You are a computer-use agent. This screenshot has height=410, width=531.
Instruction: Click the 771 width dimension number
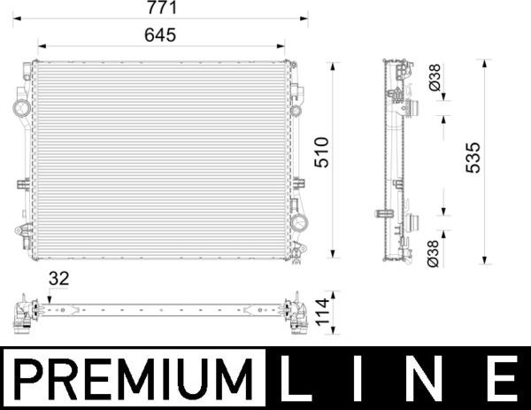(x=162, y=8)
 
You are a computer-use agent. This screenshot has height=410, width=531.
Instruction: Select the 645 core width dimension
(x=160, y=35)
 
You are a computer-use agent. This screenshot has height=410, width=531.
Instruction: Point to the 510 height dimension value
(x=322, y=152)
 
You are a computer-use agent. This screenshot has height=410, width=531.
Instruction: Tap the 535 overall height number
(x=473, y=158)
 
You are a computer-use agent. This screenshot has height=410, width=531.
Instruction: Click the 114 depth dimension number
(x=322, y=312)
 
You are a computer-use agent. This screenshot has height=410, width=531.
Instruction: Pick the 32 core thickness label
(x=59, y=279)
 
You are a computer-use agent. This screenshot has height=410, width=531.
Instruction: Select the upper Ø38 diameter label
(x=435, y=78)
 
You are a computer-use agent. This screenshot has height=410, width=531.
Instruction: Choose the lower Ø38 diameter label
(x=433, y=254)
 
